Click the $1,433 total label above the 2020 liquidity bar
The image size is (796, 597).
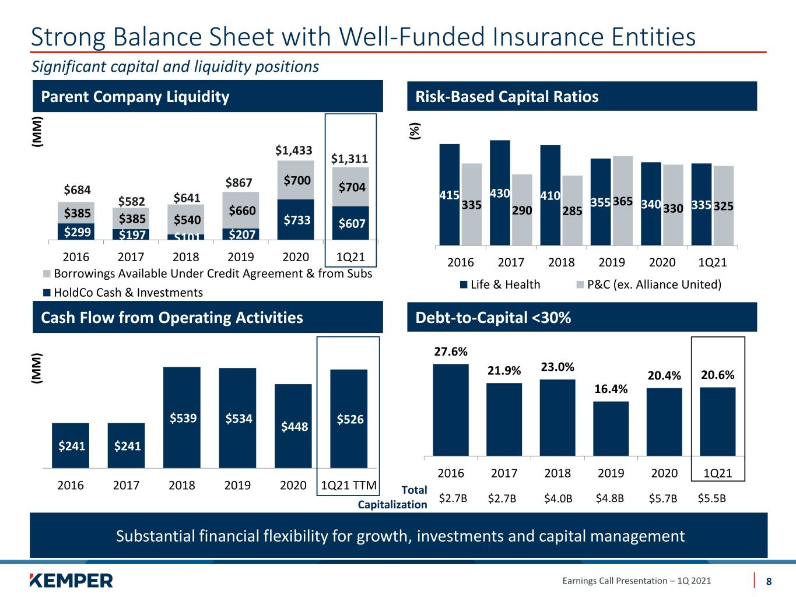click(293, 150)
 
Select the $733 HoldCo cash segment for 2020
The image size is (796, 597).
click(296, 219)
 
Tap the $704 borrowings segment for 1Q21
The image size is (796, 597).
click(350, 187)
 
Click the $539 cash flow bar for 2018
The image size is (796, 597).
click(182, 417)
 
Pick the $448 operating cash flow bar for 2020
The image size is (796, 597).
click(293, 426)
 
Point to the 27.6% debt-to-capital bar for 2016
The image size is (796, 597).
click(451, 410)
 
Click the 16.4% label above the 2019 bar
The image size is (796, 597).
click(611, 389)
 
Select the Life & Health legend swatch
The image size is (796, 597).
click(463, 285)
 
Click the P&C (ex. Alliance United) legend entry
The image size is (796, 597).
click(649, 285)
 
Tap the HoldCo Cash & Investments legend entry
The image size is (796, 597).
click(123, 292)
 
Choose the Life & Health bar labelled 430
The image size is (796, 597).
click(500, 192)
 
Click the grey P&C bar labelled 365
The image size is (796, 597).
click(623, 201)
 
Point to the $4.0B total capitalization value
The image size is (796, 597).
click(557, 498)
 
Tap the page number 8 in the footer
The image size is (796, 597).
click(769, 581)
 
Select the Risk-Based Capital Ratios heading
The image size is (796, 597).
click(507, 96)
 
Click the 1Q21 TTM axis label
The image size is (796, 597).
click(349, 485)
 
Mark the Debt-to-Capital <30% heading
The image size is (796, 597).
click(493, 318)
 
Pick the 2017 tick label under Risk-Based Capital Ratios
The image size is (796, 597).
click(511, 262)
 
